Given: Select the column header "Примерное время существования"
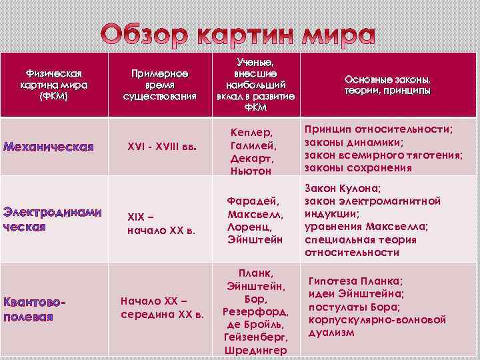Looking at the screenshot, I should point(159,85).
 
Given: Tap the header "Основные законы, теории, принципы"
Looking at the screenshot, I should point(387,84).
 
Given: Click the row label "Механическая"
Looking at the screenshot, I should point(49,146).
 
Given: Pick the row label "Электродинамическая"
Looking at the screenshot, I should point(53,219).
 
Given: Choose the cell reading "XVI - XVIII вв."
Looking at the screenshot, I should point(163,147).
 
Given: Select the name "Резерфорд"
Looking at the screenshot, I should point(256,311).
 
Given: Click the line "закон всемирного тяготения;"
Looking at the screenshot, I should point(383,155).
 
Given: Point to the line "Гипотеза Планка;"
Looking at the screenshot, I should point(355,281).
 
